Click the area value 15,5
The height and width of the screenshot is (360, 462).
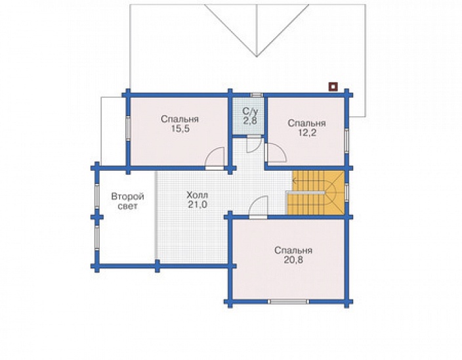tap(180, 129)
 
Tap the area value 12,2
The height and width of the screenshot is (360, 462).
tap(306, 133)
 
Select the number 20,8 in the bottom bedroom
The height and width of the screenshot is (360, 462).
tap(293, 260)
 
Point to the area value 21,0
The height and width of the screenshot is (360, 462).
tap(198, 204)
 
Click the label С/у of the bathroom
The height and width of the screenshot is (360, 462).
tap(250, 111)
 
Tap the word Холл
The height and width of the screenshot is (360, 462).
tap(197, 195)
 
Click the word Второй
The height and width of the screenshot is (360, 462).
tap(127, 196)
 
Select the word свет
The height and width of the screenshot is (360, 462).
tap(127, 206)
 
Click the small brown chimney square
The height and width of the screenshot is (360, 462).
tap(333, 87)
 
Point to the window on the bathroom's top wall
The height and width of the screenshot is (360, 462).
tap(257, 95)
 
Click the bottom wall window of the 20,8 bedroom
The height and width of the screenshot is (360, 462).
tap(289, 302)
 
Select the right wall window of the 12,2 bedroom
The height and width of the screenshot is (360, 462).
tap(346, 141)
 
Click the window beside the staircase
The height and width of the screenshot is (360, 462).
tap(346, 192)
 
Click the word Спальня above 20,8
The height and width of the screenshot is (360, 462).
tap(293, 250)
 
